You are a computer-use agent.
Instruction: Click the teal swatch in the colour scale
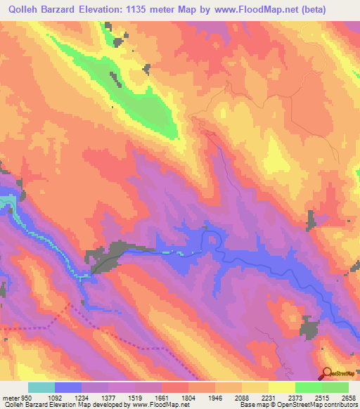[x=41, y=387]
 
